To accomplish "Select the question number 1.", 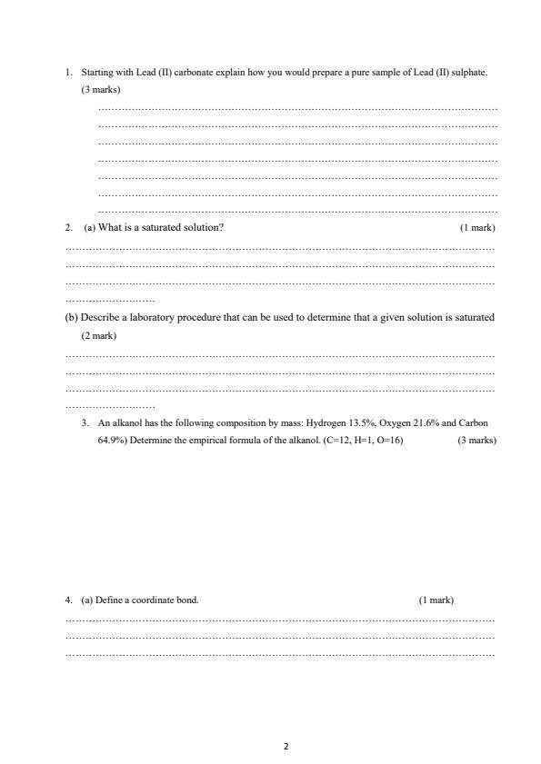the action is click(68, 71).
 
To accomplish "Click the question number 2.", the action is click(68, 227).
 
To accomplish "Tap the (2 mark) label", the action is click(98, 335).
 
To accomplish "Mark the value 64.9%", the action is click(112, 441).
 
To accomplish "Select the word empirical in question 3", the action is click(205, 441).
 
